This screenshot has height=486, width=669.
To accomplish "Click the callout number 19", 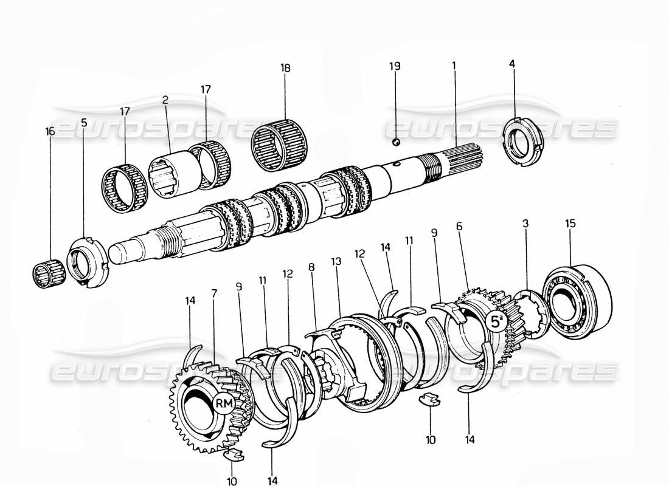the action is (395, 67).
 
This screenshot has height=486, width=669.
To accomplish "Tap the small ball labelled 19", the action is (395, 142).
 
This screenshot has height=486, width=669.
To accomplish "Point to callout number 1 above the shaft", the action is (454, 67).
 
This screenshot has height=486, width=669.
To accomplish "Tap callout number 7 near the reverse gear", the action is (214, 293).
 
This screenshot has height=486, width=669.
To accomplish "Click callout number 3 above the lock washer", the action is (525, 224).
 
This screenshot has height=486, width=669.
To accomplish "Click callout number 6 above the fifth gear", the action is (460, 225).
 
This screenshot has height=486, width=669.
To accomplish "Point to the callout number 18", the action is (285, 67).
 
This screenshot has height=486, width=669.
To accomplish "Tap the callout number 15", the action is (570, 224).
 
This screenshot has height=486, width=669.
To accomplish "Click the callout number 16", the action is (50, 131).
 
